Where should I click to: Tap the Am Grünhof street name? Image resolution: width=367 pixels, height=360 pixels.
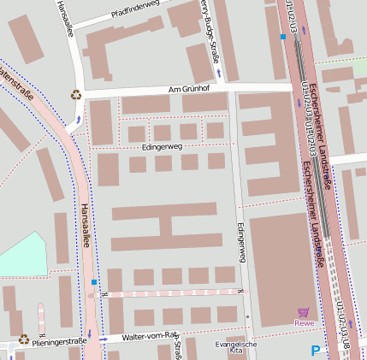coord(188,90)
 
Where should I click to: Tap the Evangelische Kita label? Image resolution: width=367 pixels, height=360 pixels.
coord(236,347)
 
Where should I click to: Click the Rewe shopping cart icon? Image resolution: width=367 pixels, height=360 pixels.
coord(304,313)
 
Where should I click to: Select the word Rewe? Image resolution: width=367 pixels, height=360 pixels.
coord(304,323)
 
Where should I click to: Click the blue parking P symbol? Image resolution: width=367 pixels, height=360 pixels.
coord(316,350)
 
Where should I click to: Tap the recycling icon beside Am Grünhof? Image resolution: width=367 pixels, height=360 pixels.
coord(76,95)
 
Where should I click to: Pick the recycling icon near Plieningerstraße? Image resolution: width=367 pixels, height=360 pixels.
coord(23,339)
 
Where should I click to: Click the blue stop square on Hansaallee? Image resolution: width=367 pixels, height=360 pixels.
coord(94,281)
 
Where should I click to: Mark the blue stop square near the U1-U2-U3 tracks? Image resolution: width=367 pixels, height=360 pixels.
coord(282,37)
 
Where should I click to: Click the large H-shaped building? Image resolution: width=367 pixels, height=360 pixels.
coord(164,227)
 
